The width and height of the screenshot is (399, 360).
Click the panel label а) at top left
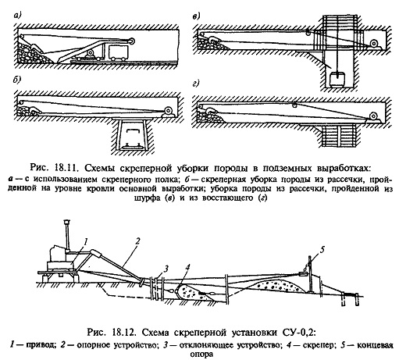tap(17, 16)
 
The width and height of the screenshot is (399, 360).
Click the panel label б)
tap(17, 80)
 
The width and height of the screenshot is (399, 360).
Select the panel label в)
tap(196, 16)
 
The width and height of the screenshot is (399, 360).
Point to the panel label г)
tap(196, 84)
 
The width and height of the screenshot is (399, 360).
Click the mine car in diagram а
tap(119, 53)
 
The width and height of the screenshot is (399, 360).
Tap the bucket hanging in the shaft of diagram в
tap(337, 79)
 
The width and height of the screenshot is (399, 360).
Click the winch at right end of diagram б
tap(168, 112)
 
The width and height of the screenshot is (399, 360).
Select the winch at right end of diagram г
tap(374, 116)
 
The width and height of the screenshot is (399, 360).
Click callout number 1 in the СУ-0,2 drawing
tap(86, 242)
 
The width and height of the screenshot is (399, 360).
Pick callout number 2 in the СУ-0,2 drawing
tap(137, 241)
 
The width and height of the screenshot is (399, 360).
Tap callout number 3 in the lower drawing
tap(166, 268)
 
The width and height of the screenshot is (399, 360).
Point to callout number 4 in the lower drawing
tap(187, 267)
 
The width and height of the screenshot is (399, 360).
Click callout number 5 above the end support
tap(322, 250)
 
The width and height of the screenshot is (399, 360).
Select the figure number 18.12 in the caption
tap(123, 333)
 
